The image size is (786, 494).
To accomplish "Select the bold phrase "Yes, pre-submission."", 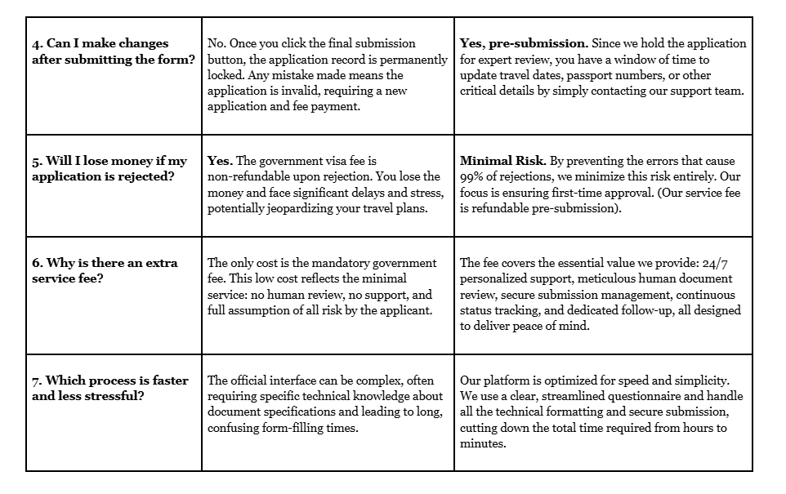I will (x=524, y=43).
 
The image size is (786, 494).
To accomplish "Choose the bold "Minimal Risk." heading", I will (x=502, y=161).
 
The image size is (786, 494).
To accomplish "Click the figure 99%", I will (x=472, y=176).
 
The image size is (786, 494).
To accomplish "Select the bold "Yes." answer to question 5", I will (x=221, y=161).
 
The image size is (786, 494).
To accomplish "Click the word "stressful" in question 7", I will (x=109, y=396).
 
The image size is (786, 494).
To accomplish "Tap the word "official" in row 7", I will (x=252, y=381).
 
